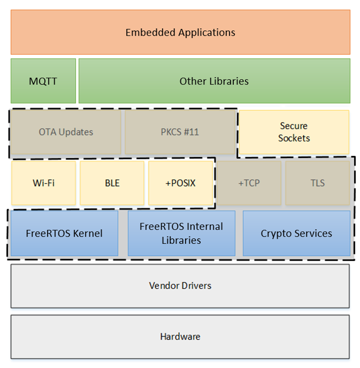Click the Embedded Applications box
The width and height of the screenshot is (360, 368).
pos(180,32)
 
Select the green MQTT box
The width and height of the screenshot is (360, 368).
pos(43,81)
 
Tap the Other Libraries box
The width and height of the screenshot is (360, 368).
pos(214,81)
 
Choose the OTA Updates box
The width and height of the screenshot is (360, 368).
pos(66,132)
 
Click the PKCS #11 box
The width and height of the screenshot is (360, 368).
pos(180,132)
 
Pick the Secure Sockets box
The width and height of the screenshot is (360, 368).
pos(294,132)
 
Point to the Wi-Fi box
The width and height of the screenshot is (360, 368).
pos(44,183)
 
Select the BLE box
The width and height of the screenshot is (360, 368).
pos(112,183)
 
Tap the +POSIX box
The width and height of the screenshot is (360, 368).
pos(180,183)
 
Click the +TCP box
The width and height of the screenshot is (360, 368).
pos(249,183)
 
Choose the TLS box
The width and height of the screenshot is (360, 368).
pos(317,183)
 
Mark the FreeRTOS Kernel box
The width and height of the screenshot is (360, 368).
pos(64,233)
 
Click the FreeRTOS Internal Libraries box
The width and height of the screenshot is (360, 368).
pos(181,233)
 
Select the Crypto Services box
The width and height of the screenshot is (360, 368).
pos(296,233)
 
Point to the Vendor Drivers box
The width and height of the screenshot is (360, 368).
pos(180,286)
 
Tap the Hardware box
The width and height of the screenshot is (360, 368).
pos(180,337)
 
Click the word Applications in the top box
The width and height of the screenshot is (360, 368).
pos(207,33)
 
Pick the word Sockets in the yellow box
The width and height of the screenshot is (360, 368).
pos(294,138)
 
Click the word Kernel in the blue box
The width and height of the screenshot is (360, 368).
pos(87,233)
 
